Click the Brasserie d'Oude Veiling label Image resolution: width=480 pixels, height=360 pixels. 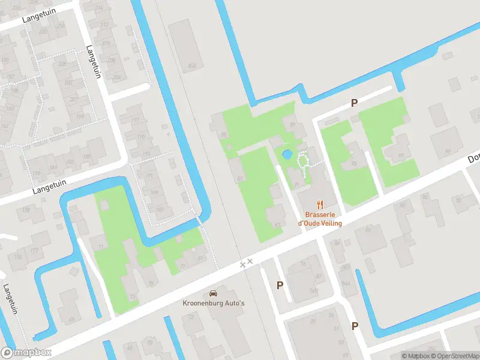point(320,218)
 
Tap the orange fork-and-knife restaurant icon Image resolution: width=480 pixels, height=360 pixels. point(320,203)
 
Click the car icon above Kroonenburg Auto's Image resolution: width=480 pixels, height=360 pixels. point(212,293)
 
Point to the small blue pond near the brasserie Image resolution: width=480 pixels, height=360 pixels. point(287,154)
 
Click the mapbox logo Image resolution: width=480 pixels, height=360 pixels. point(26,353)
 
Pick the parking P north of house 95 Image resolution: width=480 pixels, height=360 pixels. point(354,103)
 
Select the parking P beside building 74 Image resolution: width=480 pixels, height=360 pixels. point(280,285)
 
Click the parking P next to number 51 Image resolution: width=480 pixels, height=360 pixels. point(355,326)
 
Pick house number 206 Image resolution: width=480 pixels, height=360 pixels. point(118,77)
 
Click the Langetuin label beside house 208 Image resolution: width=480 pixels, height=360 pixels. point(94,62)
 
